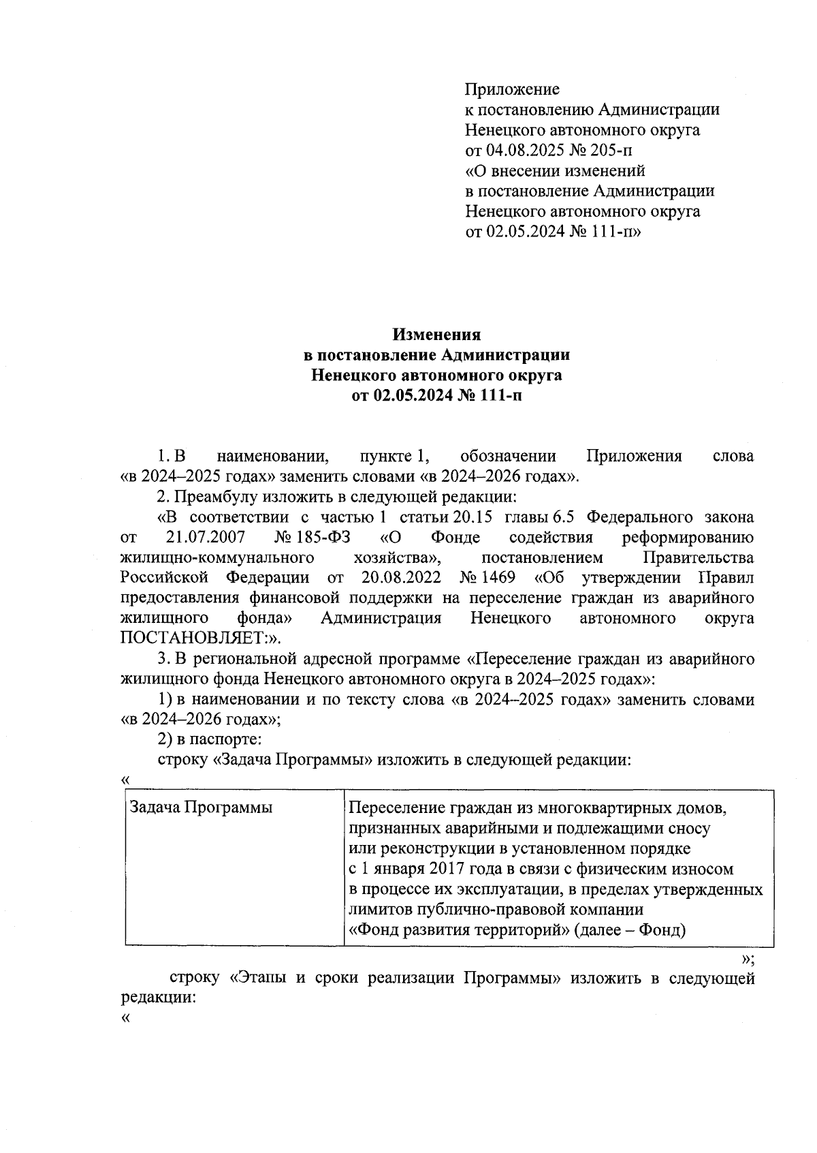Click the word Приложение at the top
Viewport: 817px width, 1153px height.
pos(512,89)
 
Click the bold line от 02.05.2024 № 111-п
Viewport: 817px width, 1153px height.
pos(436,395)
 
